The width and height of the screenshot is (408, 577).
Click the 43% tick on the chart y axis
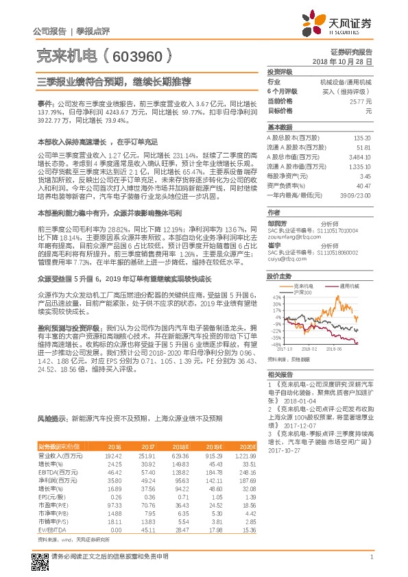click(x=277, y=297)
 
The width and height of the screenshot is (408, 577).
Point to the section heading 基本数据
click(x=280, y=127)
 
